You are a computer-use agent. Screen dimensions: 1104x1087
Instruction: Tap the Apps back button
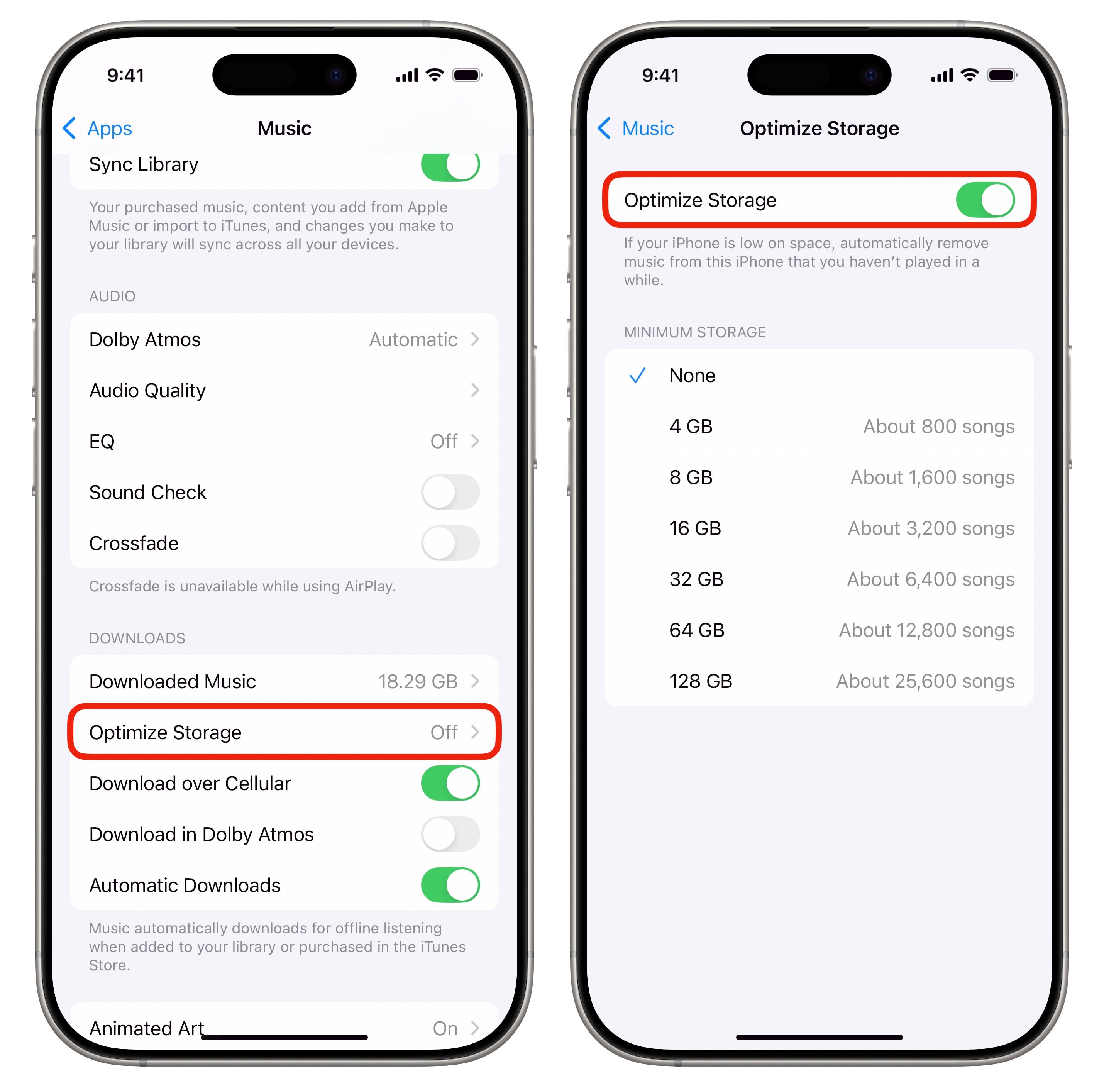(97, 129)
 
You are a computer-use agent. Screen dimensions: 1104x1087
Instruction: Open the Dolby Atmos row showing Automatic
(284, 339)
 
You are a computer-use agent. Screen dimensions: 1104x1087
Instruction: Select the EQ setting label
(102, 441)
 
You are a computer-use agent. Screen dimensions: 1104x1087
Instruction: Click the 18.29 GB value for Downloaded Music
(417, 681)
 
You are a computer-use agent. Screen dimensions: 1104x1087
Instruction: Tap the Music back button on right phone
(635, 129)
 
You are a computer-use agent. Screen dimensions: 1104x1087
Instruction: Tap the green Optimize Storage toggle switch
(985, 200)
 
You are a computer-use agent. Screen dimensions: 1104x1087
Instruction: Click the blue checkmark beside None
(637, 376)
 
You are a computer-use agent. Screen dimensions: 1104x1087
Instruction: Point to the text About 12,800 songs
(926, 630)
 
